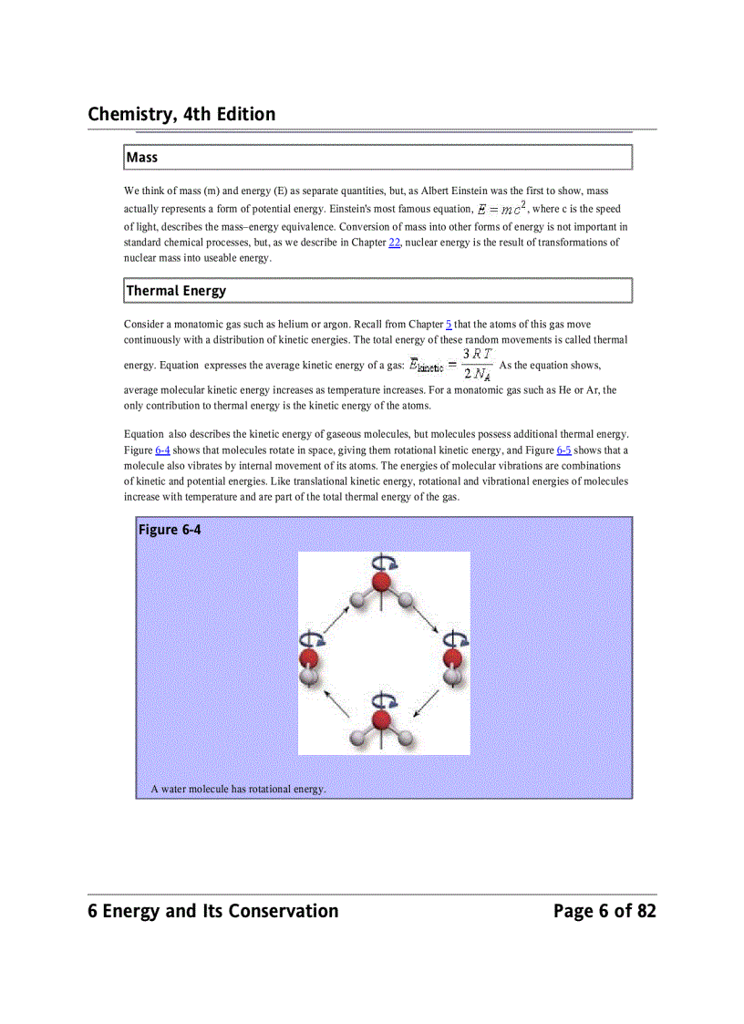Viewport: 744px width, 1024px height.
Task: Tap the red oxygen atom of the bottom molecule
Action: (382, 720)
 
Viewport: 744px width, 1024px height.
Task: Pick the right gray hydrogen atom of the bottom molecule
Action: (407, 738)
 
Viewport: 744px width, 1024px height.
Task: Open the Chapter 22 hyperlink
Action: (394, 243)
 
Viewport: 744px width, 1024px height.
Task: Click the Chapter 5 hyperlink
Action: (449, 325)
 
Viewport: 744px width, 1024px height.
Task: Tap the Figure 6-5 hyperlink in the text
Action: (563, 450)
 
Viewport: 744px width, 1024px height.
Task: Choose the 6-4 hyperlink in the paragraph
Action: (161, 450)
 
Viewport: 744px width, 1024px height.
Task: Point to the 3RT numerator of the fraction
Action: (477, 354)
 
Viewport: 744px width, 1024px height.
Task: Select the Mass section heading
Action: (142, 158)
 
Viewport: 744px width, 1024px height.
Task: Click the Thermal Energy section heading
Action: (176, 291)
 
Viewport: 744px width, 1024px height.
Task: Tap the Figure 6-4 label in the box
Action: (170, 530)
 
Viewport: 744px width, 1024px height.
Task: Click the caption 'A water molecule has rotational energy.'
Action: (238, 789)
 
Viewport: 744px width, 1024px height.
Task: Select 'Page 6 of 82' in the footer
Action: (604, 911)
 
